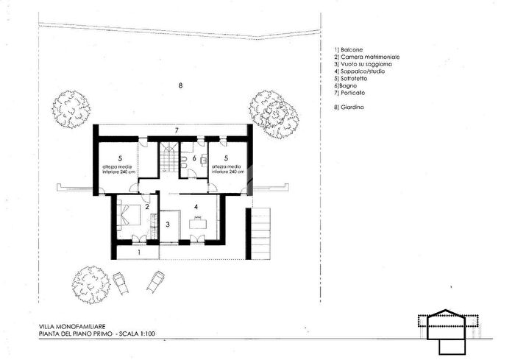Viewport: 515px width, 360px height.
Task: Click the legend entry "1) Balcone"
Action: pyautogui.click(x=349, y=50)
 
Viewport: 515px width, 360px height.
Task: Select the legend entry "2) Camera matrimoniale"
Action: pyautogui.click(x=367, y=57)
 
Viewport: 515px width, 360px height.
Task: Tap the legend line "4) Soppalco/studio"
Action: pyautogui.click(x=360, y=71)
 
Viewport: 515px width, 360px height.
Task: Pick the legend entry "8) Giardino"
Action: pyautogui.click(x=349, y=107)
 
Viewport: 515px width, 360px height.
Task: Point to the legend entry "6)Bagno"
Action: pyautogui.click(x=346, y=86)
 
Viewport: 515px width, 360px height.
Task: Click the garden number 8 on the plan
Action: pyautogui.click(x=180, y=86)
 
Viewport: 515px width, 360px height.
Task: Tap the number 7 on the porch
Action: pyautogui.click(x=177, y=130)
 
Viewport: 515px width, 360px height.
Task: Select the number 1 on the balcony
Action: pyautogui.click(x=139, y=253)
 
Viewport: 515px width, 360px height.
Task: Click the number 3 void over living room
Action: pyautogui.click(x=168, y=225)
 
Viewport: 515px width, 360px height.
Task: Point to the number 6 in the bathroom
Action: pyautogui.click(x=194, y=158)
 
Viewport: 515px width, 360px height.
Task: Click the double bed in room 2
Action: pyautogui.click(x=129, y=214)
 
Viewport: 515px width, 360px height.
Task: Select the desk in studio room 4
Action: pyautogui.click(x=198, y=223)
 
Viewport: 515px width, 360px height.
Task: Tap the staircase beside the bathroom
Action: pyautogui.click(x=168, y=157)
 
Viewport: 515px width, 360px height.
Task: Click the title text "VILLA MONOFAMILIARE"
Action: pyautogui.click(x=72, y=327)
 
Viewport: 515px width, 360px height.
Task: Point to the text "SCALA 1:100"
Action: pyautogui.click(x=137, y=334)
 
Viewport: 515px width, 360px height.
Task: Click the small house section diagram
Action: pyautogui.click(x=448, y=332)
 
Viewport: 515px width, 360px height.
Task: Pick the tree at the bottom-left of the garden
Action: pyautogui.click(x=91, y=285)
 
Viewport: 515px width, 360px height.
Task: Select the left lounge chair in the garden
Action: pyautogui.click(x=121, y=283)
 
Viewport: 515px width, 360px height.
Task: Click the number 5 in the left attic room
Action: pyautogui.click(x=120, y=159)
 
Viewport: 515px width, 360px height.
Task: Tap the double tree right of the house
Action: pyautogui.click(x=274, y=113)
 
